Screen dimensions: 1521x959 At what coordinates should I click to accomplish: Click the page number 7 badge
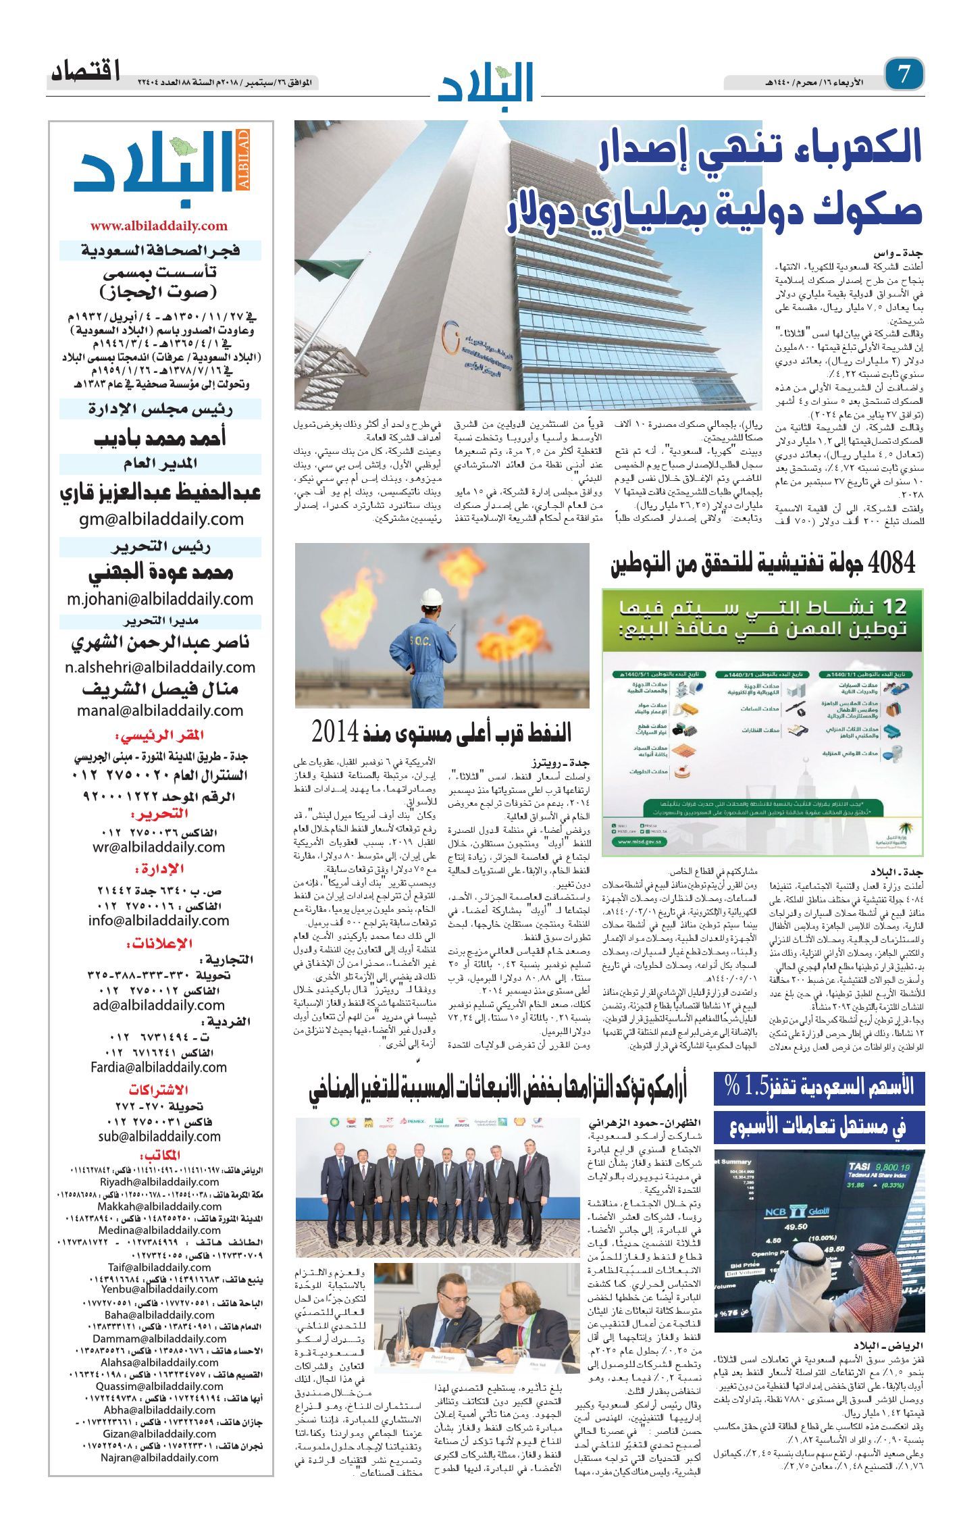tap(904, 74)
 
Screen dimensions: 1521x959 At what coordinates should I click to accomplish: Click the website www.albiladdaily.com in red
tap(159, 226)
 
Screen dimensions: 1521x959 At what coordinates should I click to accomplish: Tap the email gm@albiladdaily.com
tap(160, 519)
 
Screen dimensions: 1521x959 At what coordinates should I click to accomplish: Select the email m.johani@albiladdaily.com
tap(160, 599)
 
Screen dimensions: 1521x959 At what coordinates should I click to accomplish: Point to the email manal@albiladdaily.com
tap(160, 710)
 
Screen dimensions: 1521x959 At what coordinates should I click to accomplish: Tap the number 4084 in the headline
tap(892, 562)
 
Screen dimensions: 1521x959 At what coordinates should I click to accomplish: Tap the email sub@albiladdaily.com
tap(159, 1137)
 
